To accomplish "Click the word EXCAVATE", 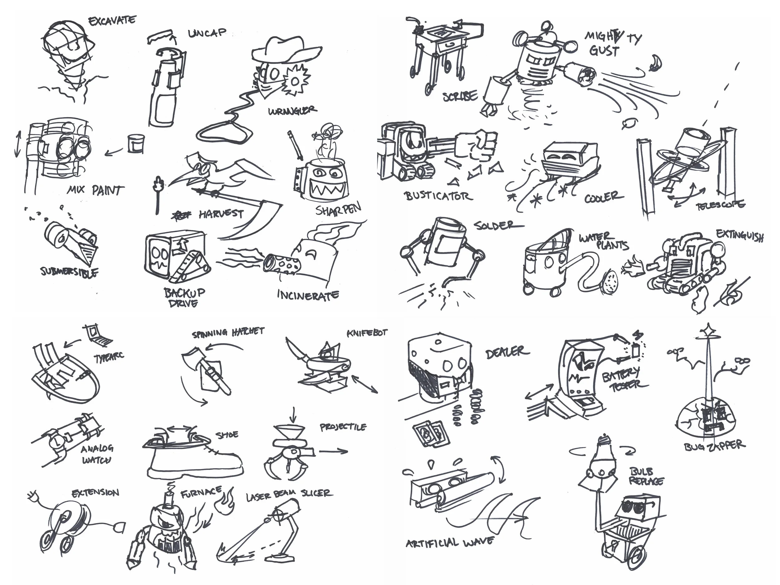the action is point(112,21).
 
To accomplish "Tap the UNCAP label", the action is point(207,33).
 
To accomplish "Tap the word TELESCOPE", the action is point(720,205).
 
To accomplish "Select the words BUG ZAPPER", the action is point(715,446).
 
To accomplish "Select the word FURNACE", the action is point(201,492).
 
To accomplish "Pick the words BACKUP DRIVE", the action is point(184,297).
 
